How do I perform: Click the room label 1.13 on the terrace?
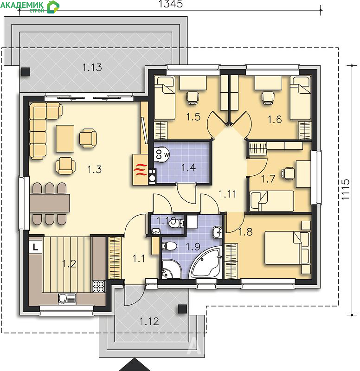pos(92,67)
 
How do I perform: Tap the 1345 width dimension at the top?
pos(170,4)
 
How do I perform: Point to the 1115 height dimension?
pos(345,189)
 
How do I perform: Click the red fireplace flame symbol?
pos(140,170)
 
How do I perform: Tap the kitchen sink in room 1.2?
pos(67,299)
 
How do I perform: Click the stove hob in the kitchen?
pos(99,286)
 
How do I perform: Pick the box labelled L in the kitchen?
pos(35,248)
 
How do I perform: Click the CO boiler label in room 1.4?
pos(159,154)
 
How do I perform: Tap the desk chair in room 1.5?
pos(192,98)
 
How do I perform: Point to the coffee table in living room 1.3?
pos(65,138)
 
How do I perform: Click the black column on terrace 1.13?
pos(26,72)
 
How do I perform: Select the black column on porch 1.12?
pos(182,309)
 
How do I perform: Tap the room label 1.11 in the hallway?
pos(227,194)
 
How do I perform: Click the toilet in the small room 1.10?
pos(176,223)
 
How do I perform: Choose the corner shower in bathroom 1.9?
pos(171,269)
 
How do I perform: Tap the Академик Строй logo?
pos(30,6)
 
